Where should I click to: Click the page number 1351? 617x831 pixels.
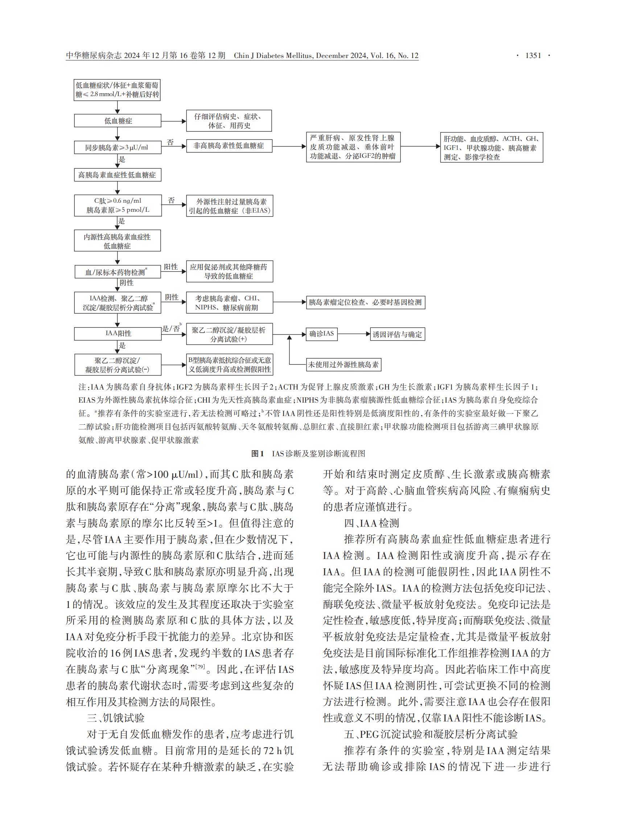click(533, 55)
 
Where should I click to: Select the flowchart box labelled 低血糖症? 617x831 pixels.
click(118, 121)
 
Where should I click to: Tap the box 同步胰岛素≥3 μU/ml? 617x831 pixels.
click(118, 148)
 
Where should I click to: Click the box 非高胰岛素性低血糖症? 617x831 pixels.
click(229, 146)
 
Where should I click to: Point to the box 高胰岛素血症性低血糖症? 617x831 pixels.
click(118, 175)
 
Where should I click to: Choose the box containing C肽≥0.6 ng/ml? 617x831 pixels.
click(118, 205)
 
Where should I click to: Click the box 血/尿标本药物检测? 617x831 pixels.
click(118, 272)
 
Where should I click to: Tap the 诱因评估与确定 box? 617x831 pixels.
click(398, 334)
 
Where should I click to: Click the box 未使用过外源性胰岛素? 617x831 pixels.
click(343, 365)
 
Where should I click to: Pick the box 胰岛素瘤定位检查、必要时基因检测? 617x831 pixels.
click(365, 303)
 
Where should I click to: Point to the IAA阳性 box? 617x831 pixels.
click(118, 333)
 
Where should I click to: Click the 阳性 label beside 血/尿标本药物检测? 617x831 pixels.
click(171, 267)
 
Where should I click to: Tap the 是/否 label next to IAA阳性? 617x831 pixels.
click(171, 329)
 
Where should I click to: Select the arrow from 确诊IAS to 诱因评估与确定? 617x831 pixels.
click(353, 334)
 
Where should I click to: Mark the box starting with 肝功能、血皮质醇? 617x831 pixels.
click(491, 148)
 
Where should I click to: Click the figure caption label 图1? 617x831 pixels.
click(258, 454)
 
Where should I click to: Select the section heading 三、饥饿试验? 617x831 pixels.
click(116, 718)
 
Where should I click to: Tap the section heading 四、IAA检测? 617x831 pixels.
click(372, 523)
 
